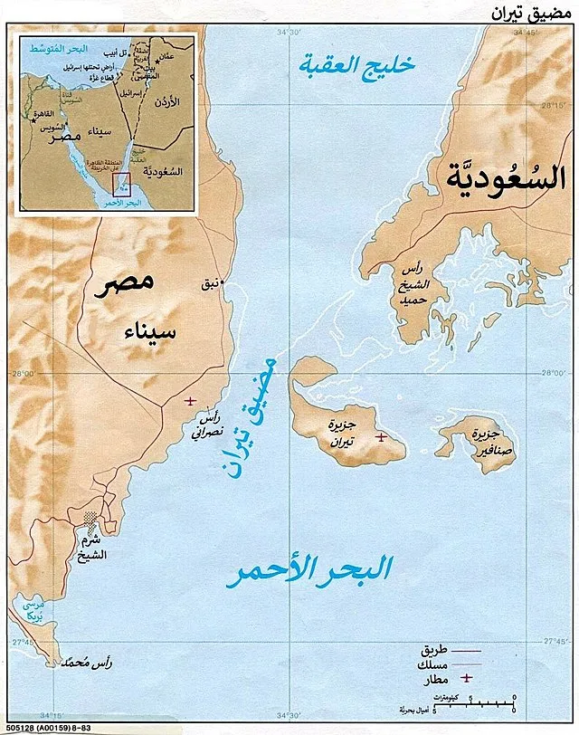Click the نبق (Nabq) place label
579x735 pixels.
210,284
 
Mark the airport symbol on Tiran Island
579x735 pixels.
381,437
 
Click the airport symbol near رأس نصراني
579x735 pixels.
189,401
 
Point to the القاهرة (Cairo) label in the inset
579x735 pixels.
49,116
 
